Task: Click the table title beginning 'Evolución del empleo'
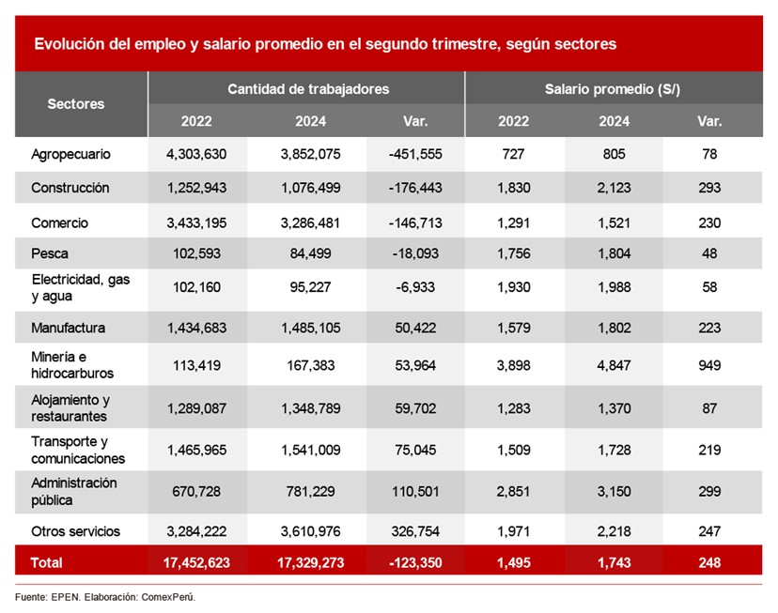point(325,44)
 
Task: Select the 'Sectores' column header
point(76,104)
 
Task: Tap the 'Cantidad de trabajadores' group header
point(308,89)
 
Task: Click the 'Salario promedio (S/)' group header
point(612,89)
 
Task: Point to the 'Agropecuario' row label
point(70,153)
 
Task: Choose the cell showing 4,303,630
point(197,153)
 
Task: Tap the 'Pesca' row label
point(50,253)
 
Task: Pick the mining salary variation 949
point(709,365)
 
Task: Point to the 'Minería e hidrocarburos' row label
point(72,365)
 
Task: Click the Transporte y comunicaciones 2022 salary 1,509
point(514,451)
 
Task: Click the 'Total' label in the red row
point(47,562)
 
